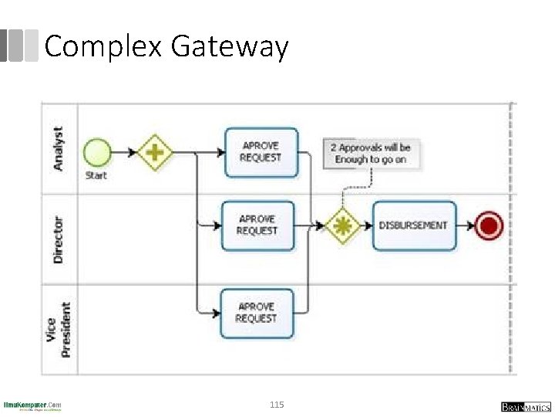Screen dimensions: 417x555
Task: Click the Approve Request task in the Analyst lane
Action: pos(261,152)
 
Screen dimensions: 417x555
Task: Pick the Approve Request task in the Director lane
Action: pos(257,225)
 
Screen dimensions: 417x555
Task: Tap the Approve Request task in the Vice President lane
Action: pos(257,313)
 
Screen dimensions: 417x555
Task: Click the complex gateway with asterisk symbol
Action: pos(341,225)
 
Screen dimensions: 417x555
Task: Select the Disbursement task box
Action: pos(414,225)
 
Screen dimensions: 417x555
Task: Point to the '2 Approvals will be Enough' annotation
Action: pos(370,153)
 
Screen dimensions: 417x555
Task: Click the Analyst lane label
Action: pos(59,149)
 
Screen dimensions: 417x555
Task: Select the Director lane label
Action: pos(59,239)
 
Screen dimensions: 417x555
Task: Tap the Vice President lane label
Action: pos(59,330)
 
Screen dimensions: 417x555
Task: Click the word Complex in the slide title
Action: pos(103,47)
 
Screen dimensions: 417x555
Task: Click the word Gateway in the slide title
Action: pos(229,47)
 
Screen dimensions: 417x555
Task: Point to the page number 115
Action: pos(277,405)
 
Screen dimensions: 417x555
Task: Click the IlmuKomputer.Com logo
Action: pos(32,405)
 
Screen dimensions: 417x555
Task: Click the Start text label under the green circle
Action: pos(96,175)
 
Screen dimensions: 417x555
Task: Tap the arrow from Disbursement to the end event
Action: pos(465,225)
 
